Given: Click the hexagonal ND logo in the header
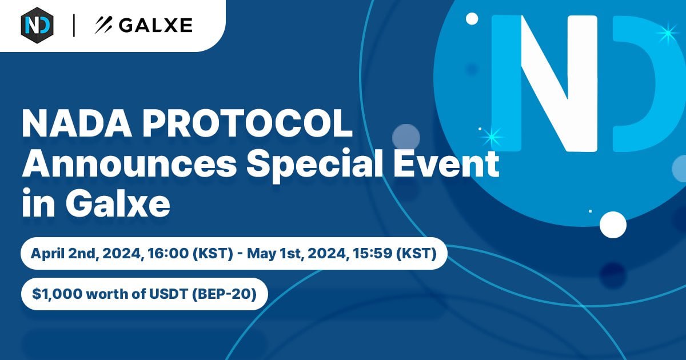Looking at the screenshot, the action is point(37,25).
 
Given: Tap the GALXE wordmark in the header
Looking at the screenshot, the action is point(155,25).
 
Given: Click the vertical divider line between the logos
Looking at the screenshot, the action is point(74,25).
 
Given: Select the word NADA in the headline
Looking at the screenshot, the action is point(77,125).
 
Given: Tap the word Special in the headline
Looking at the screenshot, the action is point(315,165).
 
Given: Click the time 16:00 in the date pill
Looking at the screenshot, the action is point(168,254).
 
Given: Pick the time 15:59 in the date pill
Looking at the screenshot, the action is point(372,254).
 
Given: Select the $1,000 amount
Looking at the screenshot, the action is point(57,294).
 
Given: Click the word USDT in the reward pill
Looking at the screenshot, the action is point(168,294).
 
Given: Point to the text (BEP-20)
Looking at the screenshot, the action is point(224,294).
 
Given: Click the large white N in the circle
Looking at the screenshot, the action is point(559,83).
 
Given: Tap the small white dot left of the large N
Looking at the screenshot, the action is point(472,19).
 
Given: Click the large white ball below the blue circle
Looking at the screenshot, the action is point(613,225).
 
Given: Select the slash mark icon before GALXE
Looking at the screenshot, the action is point(103,25).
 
